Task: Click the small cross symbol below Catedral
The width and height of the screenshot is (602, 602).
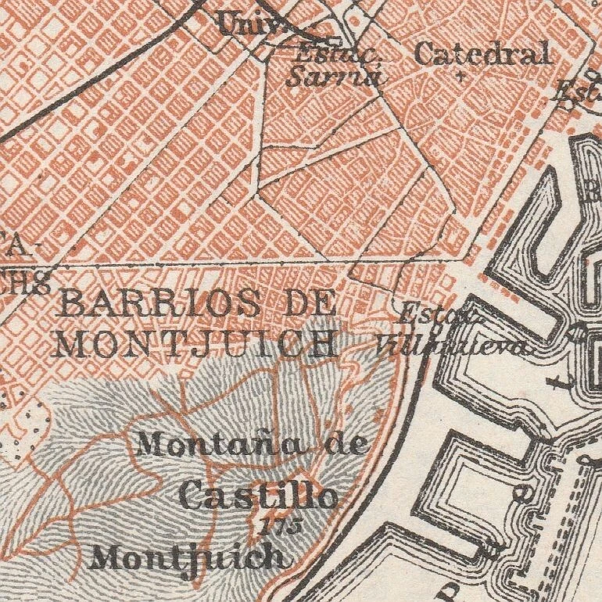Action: [460, 77]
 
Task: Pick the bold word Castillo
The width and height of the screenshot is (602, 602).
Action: [258, 496]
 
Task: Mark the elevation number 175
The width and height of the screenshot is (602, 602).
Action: [283, 525]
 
